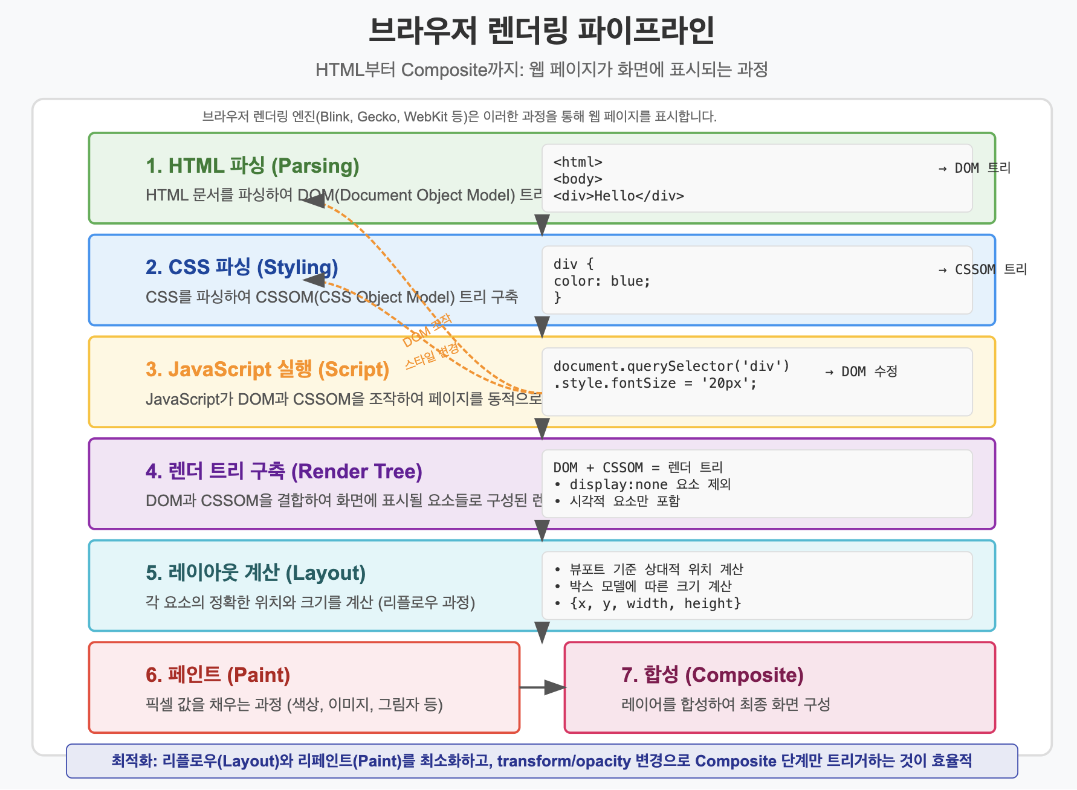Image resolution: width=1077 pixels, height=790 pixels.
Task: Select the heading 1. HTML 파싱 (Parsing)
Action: click(252, 166)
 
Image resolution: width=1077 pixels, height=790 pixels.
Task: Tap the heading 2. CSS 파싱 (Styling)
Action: click(241, 268)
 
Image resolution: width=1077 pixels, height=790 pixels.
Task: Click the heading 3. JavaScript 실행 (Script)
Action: click(267, 370)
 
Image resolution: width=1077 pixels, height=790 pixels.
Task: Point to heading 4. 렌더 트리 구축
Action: click(283, 472)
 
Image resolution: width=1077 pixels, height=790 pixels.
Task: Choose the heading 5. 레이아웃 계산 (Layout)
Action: click(255, 573)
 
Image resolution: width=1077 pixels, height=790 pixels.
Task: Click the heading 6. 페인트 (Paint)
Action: click(218, 675)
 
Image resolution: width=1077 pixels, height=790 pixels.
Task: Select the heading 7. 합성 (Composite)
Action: click(712, 675)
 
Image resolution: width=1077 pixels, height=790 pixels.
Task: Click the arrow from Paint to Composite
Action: click(542, 687)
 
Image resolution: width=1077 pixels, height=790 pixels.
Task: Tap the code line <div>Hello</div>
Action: click(618, 196)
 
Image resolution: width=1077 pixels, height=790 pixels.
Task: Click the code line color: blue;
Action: click(601, 281)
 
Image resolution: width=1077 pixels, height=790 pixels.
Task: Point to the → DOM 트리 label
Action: click(974, 169)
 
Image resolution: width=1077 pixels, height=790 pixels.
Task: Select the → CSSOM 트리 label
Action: click(982, 270)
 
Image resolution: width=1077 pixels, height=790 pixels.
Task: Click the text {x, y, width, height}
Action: click(655, 603)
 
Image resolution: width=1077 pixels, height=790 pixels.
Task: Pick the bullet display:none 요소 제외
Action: click(650, 484)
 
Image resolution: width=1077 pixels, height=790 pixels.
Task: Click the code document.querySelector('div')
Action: click(671, 366)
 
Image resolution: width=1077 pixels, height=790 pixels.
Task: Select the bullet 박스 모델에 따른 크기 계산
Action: click(650, 586)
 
